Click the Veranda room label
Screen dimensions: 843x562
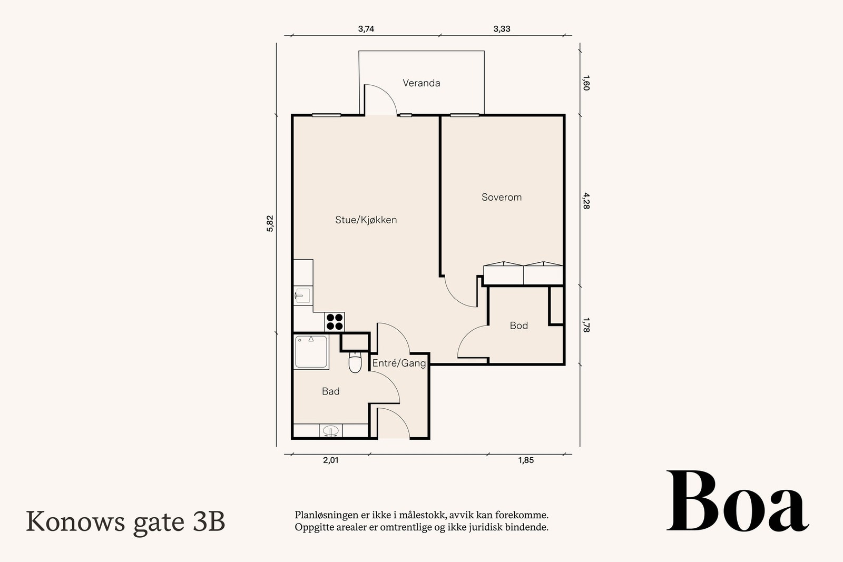(421, 83)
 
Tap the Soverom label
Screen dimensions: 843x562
(501, 197)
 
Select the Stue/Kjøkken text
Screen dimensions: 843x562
(366, 220)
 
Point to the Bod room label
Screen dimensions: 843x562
(518, 326)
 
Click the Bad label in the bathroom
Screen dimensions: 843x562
(331, 391)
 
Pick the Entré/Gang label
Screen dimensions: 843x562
(399, 363)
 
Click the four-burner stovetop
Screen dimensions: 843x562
(335, 322)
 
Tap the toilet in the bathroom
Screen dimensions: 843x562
(355, 362)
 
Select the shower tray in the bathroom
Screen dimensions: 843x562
(311, 352)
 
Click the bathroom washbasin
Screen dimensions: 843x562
(330, 431)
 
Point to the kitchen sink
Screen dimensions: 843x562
(302, 295)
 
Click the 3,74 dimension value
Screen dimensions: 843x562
(366, 29)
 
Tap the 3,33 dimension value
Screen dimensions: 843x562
(502, 29)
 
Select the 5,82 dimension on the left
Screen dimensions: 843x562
(270, 223)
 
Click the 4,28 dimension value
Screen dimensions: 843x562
(586, 201)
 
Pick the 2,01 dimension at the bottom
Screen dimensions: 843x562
(331, 460)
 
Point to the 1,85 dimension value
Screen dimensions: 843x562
(526, 460)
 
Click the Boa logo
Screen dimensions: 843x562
(738, 501)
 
